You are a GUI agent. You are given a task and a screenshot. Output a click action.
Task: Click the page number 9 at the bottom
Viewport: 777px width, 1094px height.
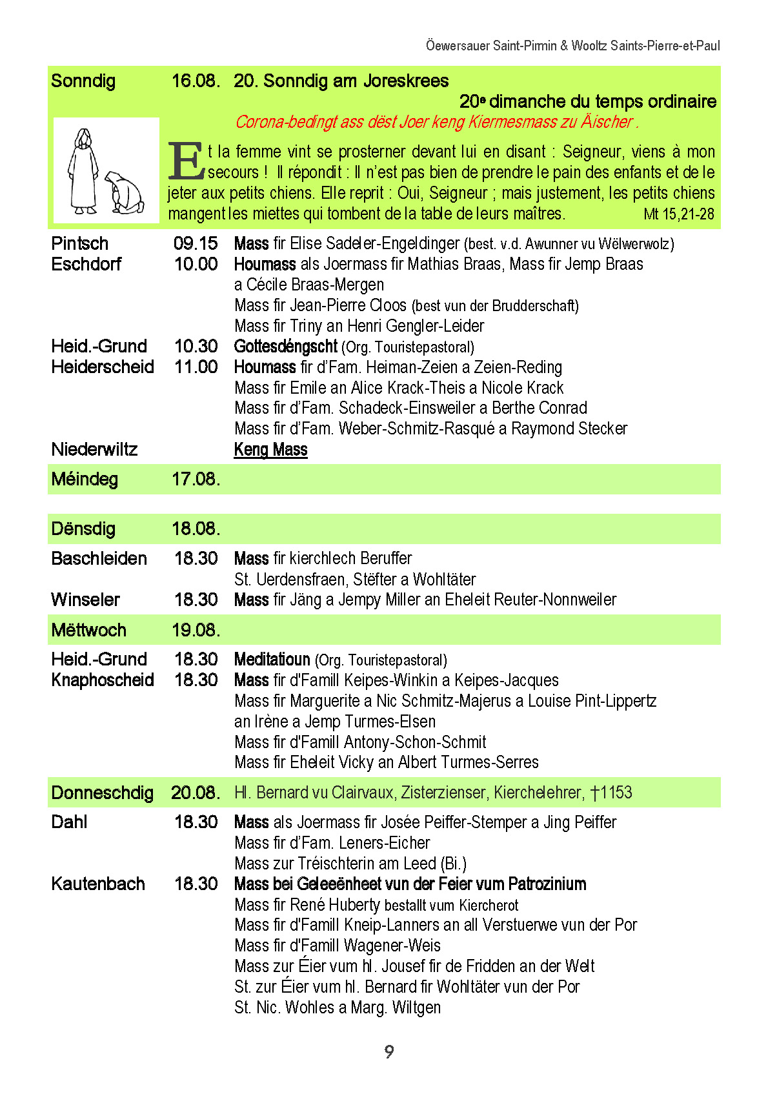(x=388, y=1051)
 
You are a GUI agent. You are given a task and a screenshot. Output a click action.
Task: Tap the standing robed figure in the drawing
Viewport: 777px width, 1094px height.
(x=83, y=171)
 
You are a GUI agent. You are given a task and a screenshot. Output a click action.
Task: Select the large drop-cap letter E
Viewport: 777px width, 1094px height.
(x=186, y=161)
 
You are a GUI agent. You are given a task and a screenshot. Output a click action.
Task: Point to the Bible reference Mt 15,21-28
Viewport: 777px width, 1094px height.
(x=679, y=214)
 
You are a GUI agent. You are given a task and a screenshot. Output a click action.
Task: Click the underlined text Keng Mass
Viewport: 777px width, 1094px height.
(x=270, y=450)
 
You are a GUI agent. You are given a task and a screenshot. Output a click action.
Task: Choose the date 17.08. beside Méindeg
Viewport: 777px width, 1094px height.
(x=196, y=480)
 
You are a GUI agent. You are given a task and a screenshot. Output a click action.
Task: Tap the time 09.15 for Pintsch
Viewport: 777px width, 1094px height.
(x=196, y=244)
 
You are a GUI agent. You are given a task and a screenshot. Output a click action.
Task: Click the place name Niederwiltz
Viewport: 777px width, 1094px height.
(x=94, y=450)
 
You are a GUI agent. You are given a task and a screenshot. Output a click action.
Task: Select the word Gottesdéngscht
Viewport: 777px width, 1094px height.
(x=285, y=347)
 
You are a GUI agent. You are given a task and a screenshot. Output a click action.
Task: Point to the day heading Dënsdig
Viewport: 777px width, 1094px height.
(x=83, y=529)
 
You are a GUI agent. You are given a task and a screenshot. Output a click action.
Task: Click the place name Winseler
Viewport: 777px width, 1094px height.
(x=85, y=600)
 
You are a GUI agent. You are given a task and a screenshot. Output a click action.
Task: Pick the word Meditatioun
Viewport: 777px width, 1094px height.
(x=272, y=660)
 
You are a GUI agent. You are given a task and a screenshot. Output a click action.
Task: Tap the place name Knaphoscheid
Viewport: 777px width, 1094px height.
(x=103, y=680)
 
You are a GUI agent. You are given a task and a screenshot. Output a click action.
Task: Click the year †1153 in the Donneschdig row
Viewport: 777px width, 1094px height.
(x=611, y=793)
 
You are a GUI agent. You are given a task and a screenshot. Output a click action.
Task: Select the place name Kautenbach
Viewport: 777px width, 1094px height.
(x=98, y=884)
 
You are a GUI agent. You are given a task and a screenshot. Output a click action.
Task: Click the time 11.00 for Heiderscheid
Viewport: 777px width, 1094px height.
(x=196, y=367)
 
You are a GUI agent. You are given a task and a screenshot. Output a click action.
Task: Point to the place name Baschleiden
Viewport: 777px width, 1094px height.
(x=99, y=559)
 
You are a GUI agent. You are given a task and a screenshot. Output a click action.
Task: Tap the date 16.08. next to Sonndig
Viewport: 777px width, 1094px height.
(x=196, y=81)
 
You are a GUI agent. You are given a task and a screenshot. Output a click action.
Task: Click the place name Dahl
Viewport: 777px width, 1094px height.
(x=69, y=822)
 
